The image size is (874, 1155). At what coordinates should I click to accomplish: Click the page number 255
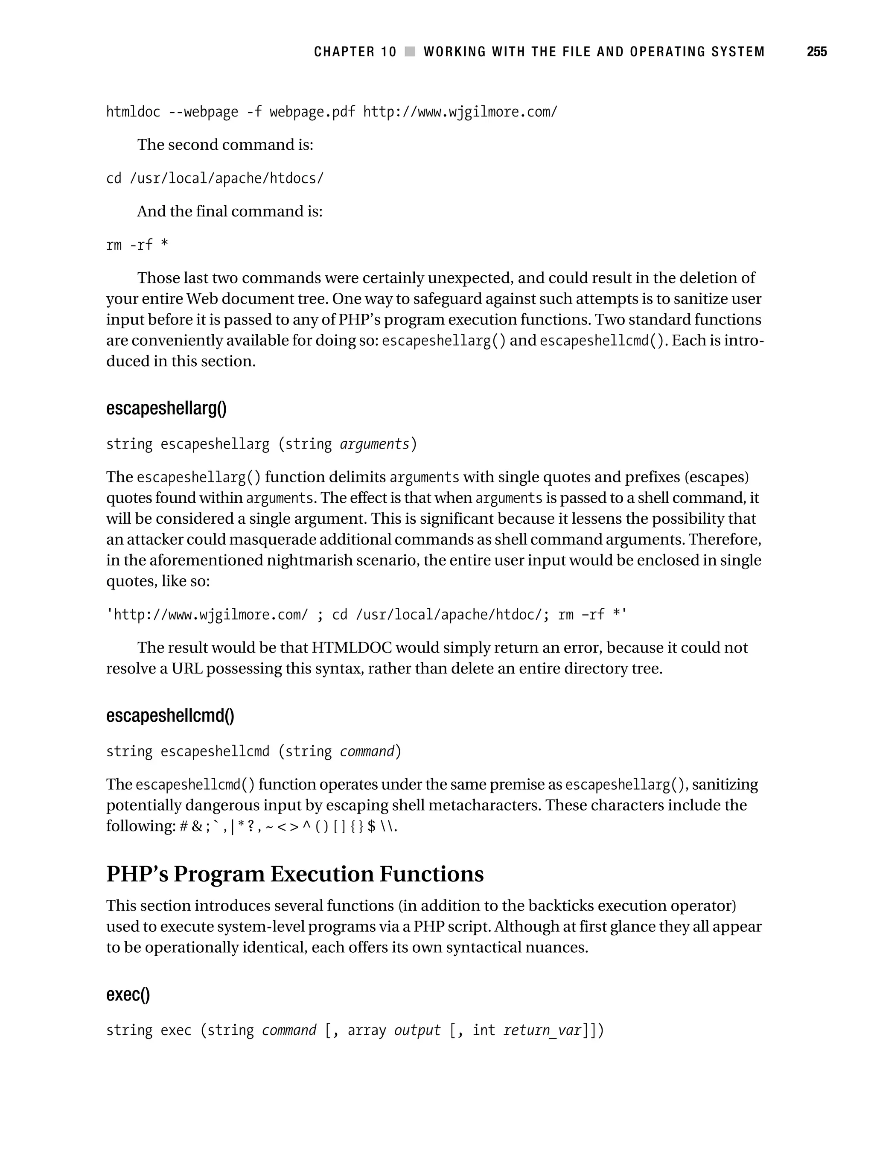pyautogui.click(x=816, y=52)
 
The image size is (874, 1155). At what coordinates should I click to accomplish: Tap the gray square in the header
pyautogui.click(x=410, y=52)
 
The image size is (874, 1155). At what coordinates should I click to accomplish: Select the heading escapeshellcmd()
pyautogui.click(x=170, y=715)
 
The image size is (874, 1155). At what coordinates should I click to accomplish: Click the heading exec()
pyautogui.click(x=128, y=994)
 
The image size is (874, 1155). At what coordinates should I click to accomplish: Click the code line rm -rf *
pyautogui.click(x=137, y=245)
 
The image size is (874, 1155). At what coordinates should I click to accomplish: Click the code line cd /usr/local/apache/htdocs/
pyautogui.click(x=215, y=178)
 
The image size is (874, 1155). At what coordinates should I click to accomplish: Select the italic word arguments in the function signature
pyautogui.click(x=374, y=444)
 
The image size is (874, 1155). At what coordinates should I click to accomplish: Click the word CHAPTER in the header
pyautogui.click(x=344, y=52)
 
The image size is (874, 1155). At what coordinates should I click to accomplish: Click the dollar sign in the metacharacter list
pyautogui.click(x=371, y=826)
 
